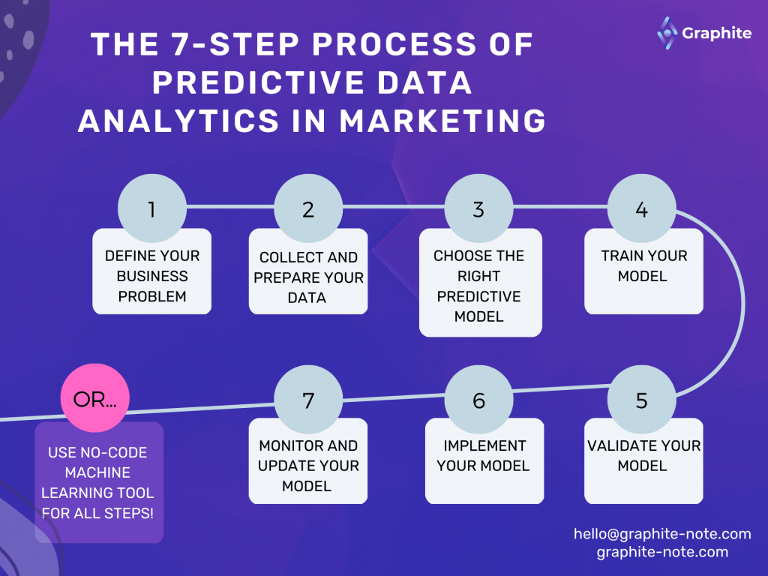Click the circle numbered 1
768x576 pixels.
tap(152, 208)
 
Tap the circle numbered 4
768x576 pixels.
tap(641, 208)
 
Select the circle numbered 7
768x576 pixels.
tap(308, 400)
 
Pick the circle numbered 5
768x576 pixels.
tap(641, 400)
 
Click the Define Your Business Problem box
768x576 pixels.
tap(152, 276)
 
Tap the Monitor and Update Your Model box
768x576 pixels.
tap(308, 465)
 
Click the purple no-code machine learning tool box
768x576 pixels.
tap(98, 482)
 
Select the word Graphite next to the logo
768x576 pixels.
tap(716, 33)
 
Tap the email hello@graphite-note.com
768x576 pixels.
tap(662, 534)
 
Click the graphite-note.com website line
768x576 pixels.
tap(662, 552)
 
